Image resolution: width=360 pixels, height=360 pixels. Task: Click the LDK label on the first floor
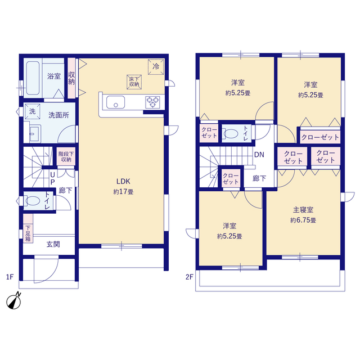click(123, 181)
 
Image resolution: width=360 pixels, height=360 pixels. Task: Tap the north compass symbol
click(14, 301)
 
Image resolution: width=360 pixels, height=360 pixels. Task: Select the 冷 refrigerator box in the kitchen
click(156, 67)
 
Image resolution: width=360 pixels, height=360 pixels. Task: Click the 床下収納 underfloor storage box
click(134, 82)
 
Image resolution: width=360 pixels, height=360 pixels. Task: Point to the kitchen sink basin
click(115, 102)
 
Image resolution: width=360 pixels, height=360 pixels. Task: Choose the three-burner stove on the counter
click(152, 102)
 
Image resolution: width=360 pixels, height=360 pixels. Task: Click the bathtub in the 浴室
click(33, 78)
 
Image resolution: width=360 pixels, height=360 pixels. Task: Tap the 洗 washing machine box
click(33, 111)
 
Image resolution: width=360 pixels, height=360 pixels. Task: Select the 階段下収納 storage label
click(66, 156)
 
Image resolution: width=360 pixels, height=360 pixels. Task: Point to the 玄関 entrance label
click(53, 244)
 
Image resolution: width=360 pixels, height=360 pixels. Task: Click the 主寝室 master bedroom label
click(303, 210)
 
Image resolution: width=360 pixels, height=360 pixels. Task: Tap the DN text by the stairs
click(259, 155)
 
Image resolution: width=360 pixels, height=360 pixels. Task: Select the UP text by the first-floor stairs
click(52, 178)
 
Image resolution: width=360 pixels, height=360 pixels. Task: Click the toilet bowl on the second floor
click(231, 134)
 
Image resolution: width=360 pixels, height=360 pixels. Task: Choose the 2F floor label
click(190, 277)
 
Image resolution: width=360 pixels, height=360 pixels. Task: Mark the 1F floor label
click(10, 277)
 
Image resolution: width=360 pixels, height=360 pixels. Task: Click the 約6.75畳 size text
click(303, 220)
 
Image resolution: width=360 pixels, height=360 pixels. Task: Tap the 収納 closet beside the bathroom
click(71, 78)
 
